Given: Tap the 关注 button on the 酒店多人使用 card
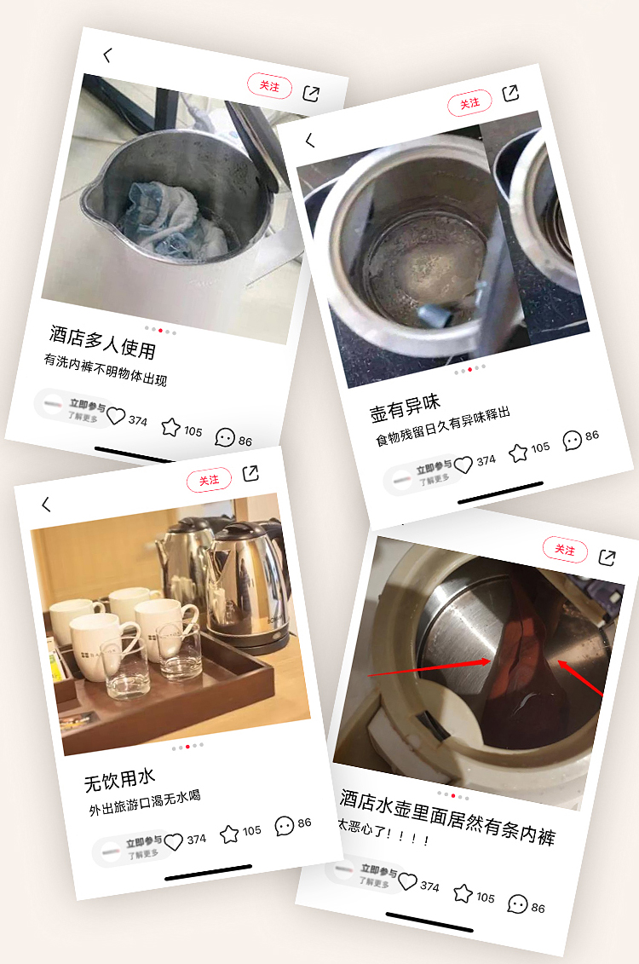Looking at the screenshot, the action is pyautogui.click(x=270, y=85).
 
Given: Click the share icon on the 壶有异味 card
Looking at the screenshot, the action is pyautogui.click(x=510, y=94).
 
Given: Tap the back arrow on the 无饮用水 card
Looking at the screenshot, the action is pyautogui.click(x=46, y=505).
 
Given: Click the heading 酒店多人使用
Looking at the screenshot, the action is pyautogui.click(x=102, y=342).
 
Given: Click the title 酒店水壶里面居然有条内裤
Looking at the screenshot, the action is pyautogui.click(x=447, y=817).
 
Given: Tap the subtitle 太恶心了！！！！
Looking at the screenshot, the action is pyautogui.click(x=383, y=832).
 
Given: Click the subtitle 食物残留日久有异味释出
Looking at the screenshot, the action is pyautogui.click(x=443, y=425).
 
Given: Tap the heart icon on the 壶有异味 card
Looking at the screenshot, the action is pyautogui.click(x=463, y=465).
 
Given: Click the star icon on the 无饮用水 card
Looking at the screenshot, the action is pyautogui.click(x=229, y=834).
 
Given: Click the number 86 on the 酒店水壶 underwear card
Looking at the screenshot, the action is pyautogui.click(x=538, y=908).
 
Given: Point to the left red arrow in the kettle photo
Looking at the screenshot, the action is pyautogui.click(x=429, y=668).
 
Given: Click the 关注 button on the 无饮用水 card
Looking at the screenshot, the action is pyautogui.click(x=209, y=480).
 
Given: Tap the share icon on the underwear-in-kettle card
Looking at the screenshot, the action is pyautogui.click(x=607, y=557).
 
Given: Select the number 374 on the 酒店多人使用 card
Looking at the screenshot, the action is pyautogui.click(x=138, y=420).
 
